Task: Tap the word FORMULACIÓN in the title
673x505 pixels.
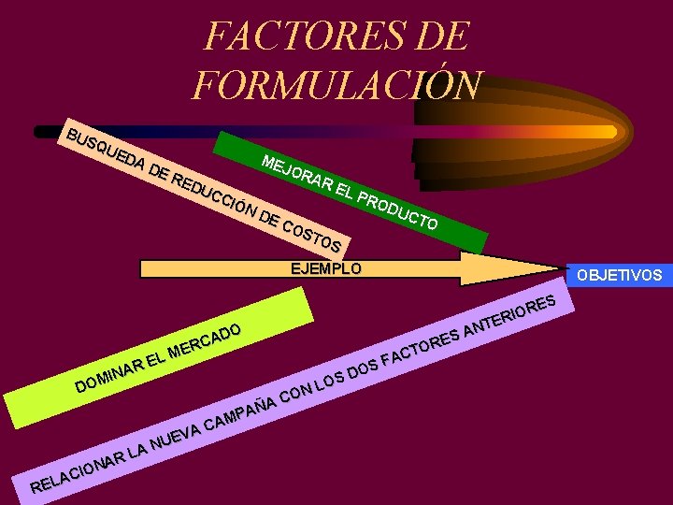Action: (337, 83)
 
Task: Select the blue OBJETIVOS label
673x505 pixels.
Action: (619, 275)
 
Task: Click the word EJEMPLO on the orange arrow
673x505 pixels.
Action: (325, 269)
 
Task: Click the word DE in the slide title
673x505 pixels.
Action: (438, 37)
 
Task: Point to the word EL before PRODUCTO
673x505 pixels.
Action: (342, 189)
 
